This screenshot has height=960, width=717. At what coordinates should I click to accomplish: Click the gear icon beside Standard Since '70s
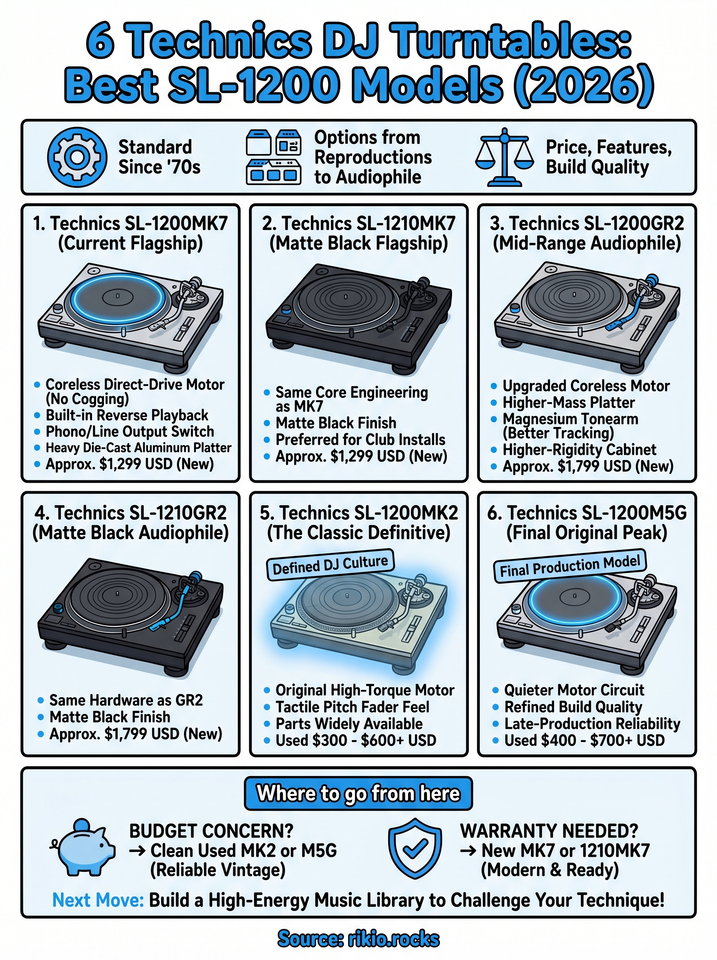point(77,157)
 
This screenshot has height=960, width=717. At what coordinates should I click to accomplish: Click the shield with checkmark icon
point(415,848)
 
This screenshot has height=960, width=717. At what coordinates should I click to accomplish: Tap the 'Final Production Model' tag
point(570,566)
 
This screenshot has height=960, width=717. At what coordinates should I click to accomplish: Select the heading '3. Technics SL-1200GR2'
point(587,224)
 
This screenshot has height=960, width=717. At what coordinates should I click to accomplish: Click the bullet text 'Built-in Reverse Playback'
point(127,415)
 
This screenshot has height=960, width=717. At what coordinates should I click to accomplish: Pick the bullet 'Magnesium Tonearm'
point(570,419)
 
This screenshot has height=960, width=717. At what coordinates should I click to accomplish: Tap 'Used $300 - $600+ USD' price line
point(356,740)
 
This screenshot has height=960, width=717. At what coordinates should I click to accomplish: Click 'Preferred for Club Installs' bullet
point(360,440)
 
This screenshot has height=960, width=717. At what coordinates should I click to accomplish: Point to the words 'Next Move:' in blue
point(98,900)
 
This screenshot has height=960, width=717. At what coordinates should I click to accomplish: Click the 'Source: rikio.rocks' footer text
point(358,938)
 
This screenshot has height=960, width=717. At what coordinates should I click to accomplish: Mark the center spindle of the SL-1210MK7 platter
point(345,297)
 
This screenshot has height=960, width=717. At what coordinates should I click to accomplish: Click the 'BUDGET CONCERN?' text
point(211,831)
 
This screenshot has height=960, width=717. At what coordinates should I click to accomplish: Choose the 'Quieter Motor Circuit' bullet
point(574,690)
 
